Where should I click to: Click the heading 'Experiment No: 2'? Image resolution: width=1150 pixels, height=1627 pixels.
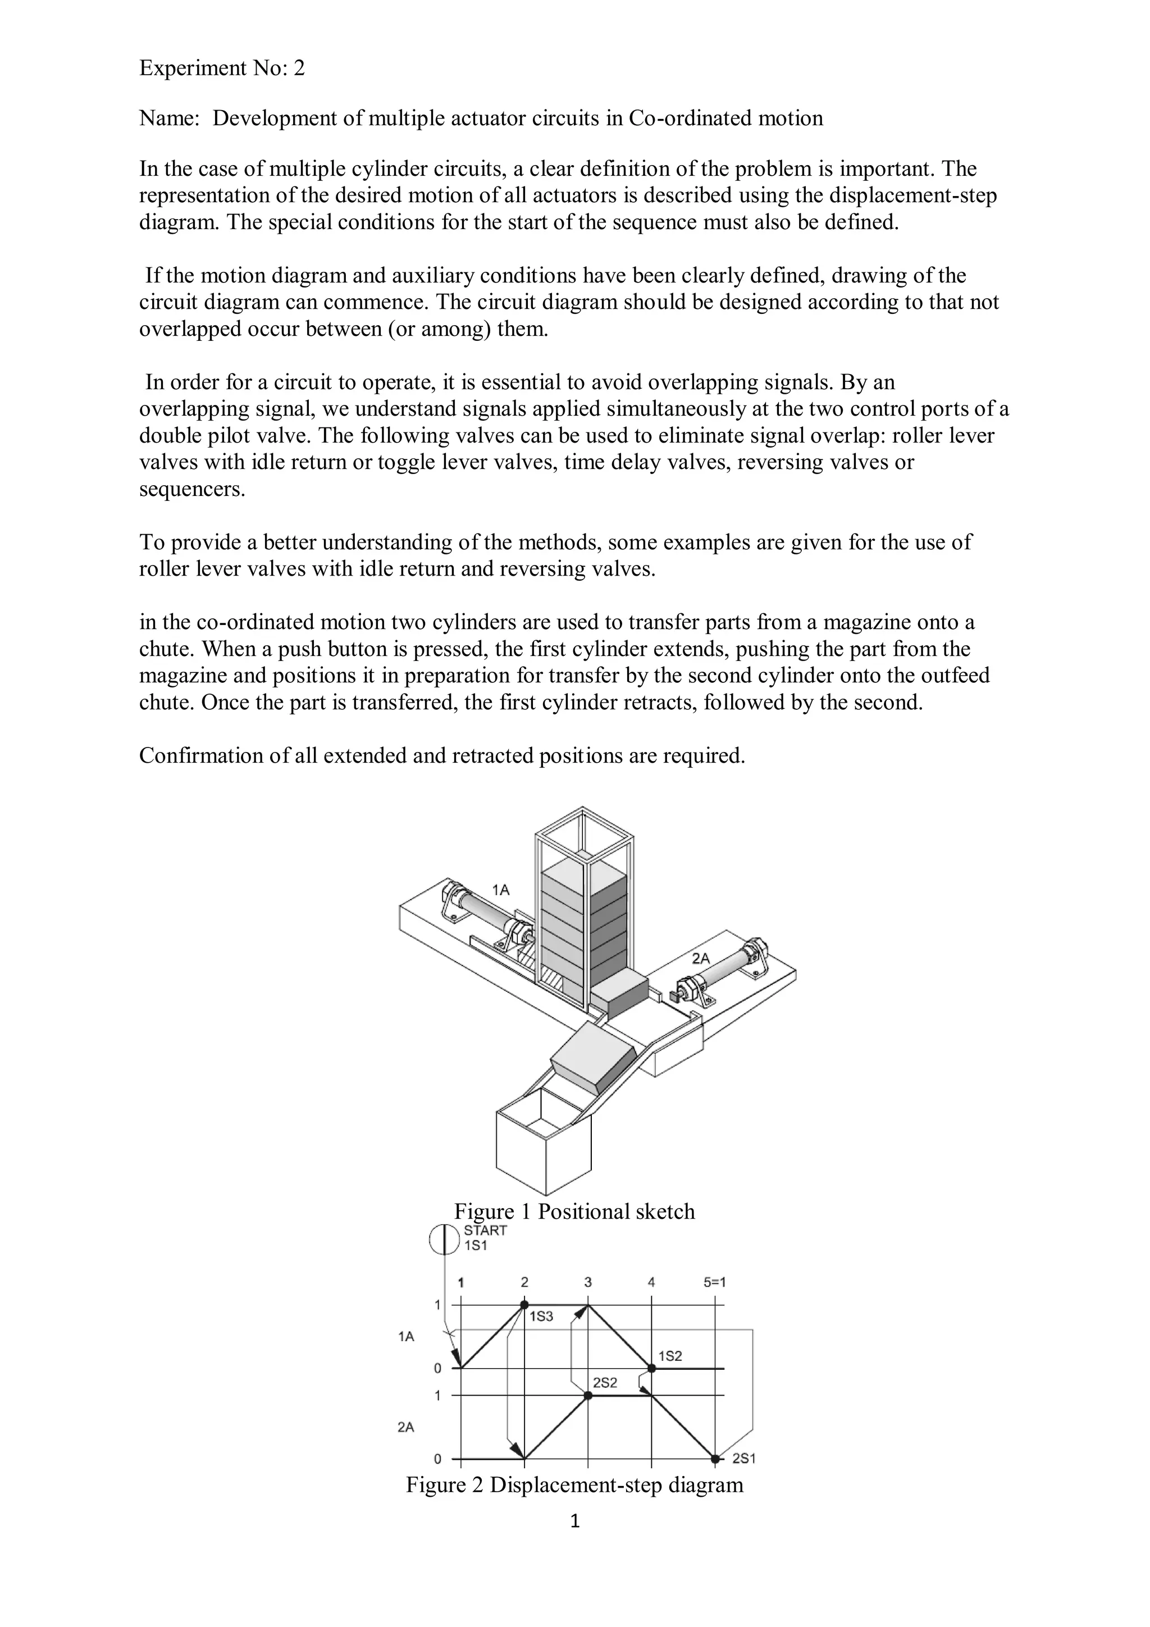pyautogui.click(x=221, y=68)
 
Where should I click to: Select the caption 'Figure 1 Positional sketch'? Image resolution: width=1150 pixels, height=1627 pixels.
pyautogui.click(x=574, y=1211)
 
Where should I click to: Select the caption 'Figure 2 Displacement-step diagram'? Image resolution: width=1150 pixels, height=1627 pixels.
pyautogui.click(x=574, y=1484)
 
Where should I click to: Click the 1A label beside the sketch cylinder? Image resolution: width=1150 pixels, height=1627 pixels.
pyautogui.click(x=501, y=890)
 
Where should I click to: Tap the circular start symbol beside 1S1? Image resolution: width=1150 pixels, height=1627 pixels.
pyautogui.click(x=444, y=1239)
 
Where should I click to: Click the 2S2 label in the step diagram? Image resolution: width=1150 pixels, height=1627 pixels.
pyautogui.click(x=605, y=1382)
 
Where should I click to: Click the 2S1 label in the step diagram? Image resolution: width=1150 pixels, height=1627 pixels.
pyautogui.click(x=744, y=1459)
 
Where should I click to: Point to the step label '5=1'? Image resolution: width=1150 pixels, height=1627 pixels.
pyautogui.click(x=714, y=1281)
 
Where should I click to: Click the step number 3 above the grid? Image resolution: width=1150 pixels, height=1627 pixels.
pyautogui.click(x=587, y=1281)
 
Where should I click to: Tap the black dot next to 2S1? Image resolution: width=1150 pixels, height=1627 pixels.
pyautogui.click(x=715, y=1459)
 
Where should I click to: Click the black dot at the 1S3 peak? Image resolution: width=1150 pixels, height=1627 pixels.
pyautogui.click(x=524, y=1304)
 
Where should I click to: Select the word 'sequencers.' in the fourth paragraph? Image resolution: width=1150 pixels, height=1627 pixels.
pyautogui.click(x=192, y=489)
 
